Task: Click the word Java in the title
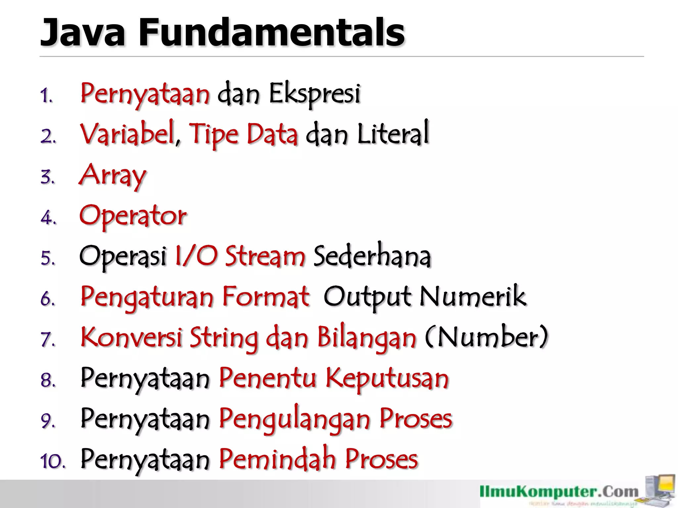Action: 83,32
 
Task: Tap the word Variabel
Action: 128,134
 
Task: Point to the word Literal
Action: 393,134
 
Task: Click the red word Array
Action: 113,175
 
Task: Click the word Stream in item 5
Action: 265,257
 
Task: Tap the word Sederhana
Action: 372,257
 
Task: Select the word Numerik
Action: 473,297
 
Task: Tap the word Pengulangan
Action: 295,419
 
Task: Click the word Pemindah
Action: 277,460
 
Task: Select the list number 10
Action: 52,461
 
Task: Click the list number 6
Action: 48,299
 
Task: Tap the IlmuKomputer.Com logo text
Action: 559,492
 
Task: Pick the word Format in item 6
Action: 266,297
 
